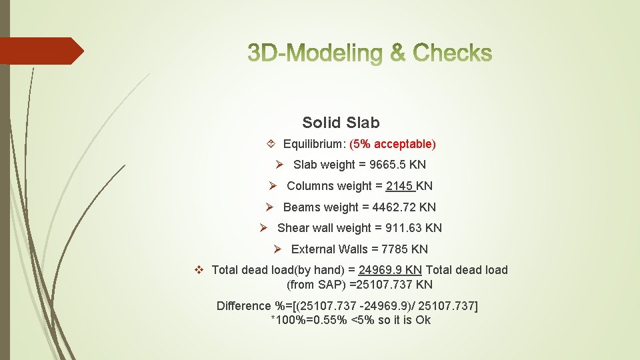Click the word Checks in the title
click(x=453, y=53)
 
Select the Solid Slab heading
click(x=341, y=123)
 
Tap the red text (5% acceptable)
click(x=393, y=144)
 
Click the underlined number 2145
click(x=399, y=186)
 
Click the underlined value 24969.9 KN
click(x=390, y=270)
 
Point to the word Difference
click(x=244, y=306)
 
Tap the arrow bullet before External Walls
click(x=279, y=249)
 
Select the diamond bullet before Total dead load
click(x=198, y=270)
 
